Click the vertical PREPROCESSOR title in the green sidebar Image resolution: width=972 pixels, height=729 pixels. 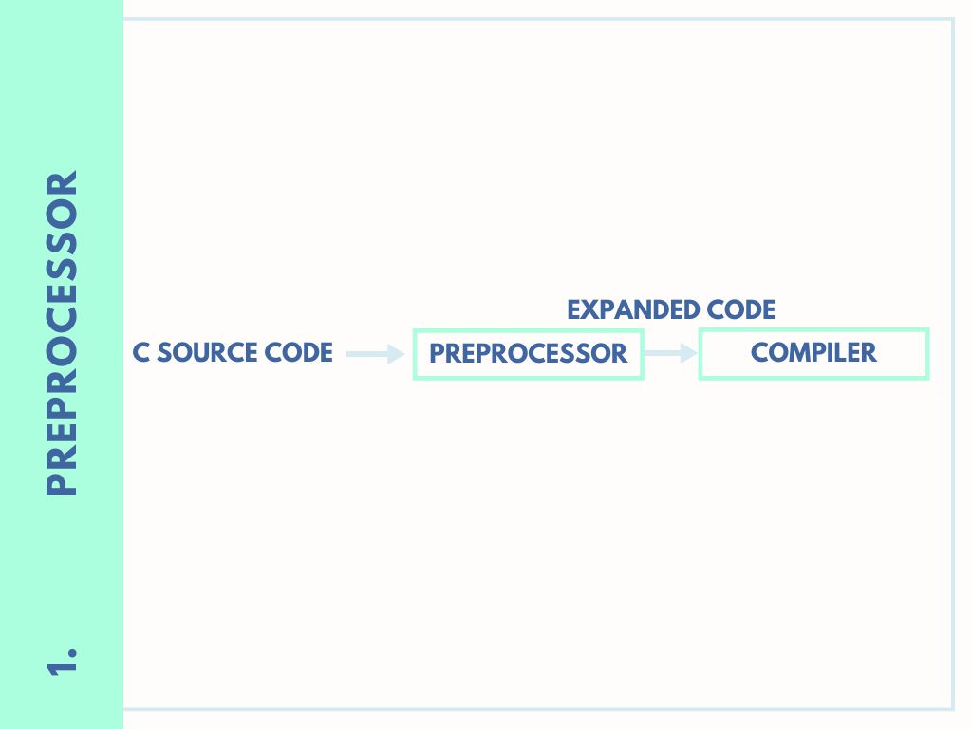point(62,332)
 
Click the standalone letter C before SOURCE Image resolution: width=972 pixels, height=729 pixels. point(140,353)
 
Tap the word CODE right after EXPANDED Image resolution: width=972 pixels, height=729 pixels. point(741,309)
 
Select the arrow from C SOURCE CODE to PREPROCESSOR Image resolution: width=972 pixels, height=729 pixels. point(375,354)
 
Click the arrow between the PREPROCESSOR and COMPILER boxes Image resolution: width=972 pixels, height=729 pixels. point(671,353)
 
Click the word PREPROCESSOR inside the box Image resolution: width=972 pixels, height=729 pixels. point(529,354)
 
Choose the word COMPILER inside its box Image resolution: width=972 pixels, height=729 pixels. point(813,353)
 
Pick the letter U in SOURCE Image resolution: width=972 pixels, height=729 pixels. point(214,353)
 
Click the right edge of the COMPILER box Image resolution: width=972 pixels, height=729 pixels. point(926,353)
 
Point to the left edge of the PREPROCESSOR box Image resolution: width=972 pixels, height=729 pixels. point(415,354)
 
